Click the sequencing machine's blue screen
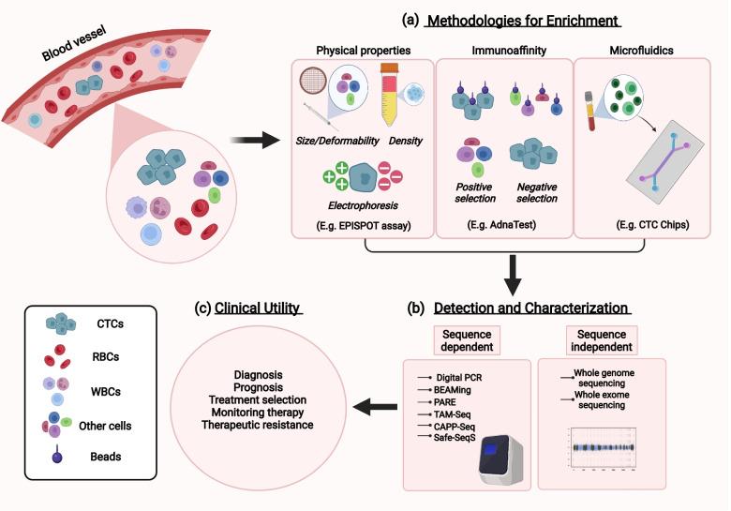(x=492, y=458)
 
